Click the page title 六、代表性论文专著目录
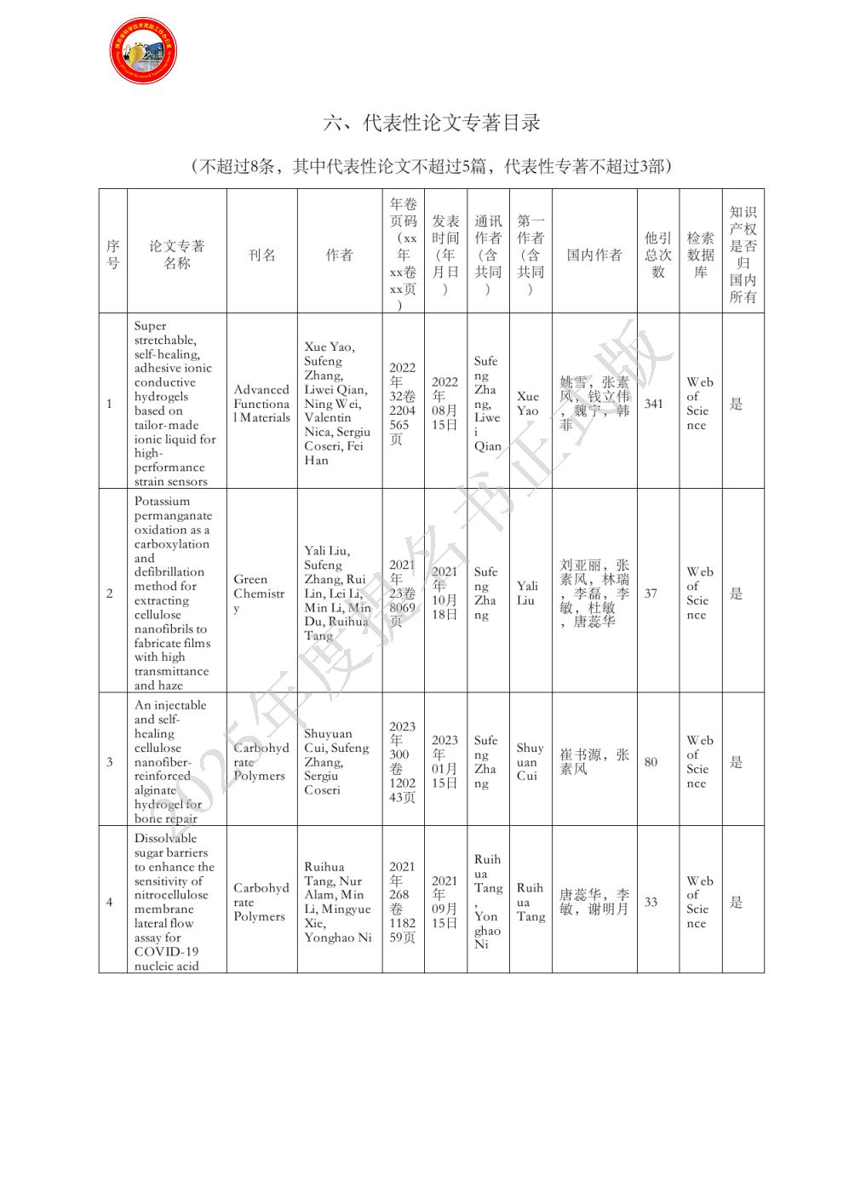coord(432,123)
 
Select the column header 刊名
coord(261,255)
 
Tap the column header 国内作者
coord(594,255)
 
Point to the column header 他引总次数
coord(657,255)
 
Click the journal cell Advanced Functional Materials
coord(261,404)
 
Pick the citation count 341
coord(653,404)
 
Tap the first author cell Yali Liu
coord(528,593)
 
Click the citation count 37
coord(651,593)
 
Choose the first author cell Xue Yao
coord(528,404)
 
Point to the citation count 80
coord(651,762)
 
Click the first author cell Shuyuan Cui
coord(529,762)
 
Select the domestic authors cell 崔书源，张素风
coord(594,762)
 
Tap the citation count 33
coord(651,902)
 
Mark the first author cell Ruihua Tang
coord(530,902)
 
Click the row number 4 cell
coord(109,902)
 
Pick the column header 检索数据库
coord(700,255)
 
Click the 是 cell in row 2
coord(736,594)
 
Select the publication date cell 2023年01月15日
coord(444,762)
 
